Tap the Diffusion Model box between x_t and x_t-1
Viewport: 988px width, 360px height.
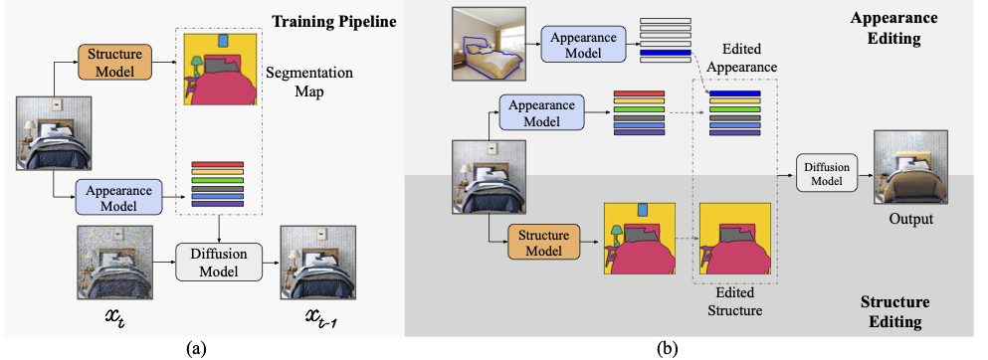click(x=217, y=262)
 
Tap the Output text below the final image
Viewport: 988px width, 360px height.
click(x=909, y=217)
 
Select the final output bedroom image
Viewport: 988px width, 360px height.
click(x=909, y=169)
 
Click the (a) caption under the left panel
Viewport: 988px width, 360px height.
click(x=196, y=347)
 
